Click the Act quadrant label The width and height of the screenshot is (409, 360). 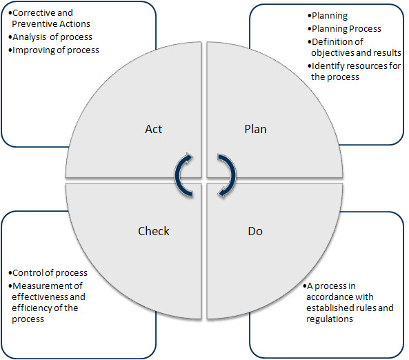coord(153,129)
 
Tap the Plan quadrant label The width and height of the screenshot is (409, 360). coord(255,129)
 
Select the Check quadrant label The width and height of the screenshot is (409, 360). coord(153,231)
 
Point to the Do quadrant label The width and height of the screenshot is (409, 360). coord(255,231)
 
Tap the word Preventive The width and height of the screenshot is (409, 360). coord(30,24)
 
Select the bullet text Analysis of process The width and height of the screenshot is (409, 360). coord(52,37)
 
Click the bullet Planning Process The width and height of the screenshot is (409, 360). coord(346,29)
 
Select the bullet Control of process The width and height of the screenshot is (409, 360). coord(50,273)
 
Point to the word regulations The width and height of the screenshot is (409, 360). coord(330,319)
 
